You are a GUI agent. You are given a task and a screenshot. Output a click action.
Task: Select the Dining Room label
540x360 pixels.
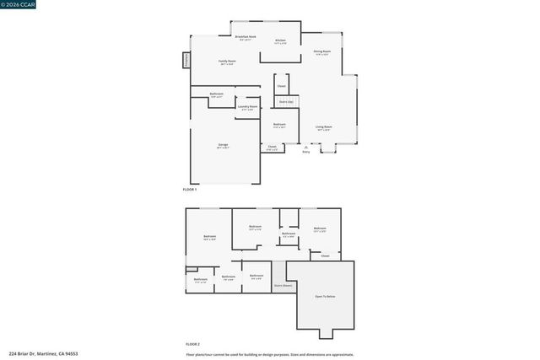322,51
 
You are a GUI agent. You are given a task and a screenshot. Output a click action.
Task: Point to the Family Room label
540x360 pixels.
227,62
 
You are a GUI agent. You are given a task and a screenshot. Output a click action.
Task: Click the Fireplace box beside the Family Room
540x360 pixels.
186,61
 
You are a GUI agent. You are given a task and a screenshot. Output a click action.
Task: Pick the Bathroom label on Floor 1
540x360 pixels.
217,94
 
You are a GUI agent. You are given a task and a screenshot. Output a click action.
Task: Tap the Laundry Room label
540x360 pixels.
247,107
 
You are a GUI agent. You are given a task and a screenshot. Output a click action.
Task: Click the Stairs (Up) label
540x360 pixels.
286,102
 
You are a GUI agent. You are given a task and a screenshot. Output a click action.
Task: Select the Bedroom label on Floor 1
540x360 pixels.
279,125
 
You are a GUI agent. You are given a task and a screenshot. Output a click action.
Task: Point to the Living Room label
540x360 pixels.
323,127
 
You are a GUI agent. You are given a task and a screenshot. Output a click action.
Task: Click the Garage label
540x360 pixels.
223,145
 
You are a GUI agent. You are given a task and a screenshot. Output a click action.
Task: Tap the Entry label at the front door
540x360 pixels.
305,152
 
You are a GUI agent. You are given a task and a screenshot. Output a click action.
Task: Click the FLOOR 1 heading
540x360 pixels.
190,190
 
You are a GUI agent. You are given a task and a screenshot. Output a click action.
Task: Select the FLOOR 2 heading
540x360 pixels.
192,344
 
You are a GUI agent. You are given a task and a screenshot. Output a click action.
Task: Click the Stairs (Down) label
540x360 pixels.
283,286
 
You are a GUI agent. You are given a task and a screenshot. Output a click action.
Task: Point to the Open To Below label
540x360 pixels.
325,297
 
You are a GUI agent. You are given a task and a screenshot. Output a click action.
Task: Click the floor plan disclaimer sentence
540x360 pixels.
270,354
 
